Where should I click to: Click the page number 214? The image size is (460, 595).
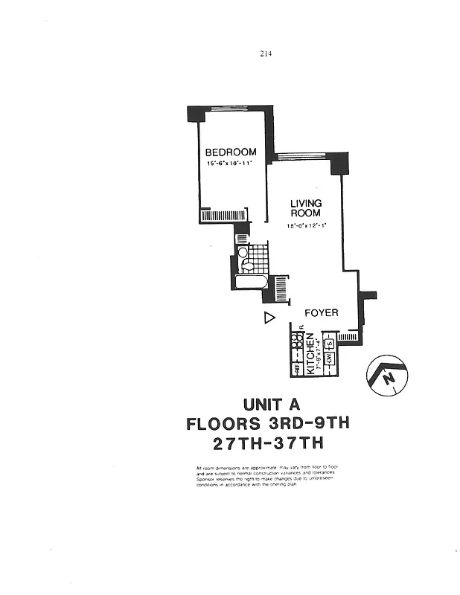pos(266,53)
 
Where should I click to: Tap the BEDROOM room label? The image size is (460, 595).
pos(230,152)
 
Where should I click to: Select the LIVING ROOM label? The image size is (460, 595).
pos(305,208)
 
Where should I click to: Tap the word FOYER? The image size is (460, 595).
pos(322,313)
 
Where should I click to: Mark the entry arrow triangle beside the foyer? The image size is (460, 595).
pos(269,318)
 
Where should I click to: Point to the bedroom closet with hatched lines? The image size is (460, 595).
pos(223,216)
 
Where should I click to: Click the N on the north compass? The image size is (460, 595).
pos(388,379)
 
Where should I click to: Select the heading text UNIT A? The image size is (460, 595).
pos(271,405)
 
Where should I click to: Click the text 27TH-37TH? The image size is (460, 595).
pos(267,444)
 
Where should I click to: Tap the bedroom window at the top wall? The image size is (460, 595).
pos(230,109)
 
